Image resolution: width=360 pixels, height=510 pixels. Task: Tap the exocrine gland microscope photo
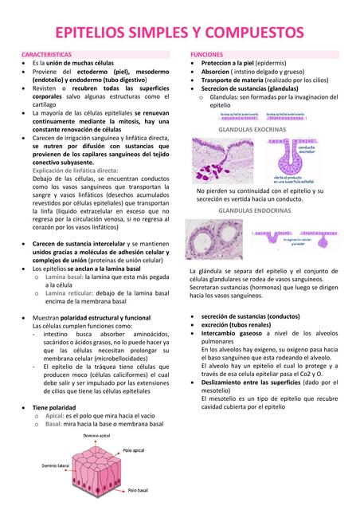222,160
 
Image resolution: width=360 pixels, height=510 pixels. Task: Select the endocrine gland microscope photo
214,239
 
